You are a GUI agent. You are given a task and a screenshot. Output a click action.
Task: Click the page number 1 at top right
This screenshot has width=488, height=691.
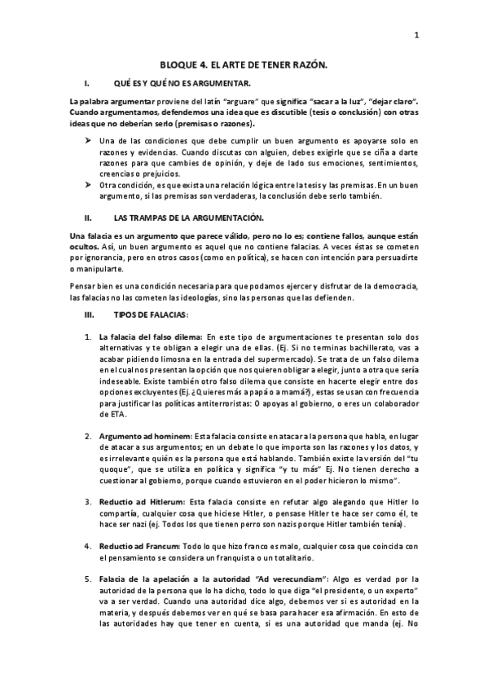pos(416,35)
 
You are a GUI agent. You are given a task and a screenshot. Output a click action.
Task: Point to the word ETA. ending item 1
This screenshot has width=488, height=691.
pos(109,413)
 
